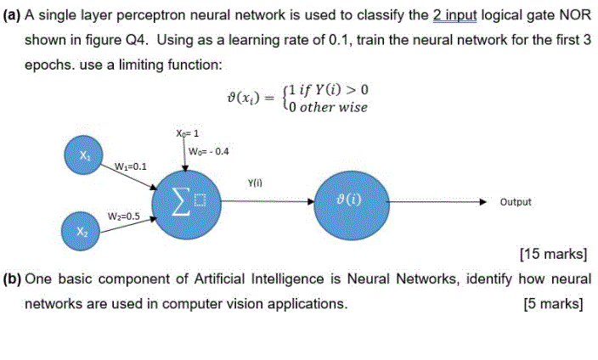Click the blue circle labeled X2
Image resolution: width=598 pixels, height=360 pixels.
[x=83, y=230]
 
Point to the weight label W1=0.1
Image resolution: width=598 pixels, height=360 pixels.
[x=130, y=166]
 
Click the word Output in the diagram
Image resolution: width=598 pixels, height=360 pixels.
[x=516, y=202]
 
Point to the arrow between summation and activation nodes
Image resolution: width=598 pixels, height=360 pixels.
[x=266, y=202]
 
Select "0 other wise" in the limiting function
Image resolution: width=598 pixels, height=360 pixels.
[x=329, y=108]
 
